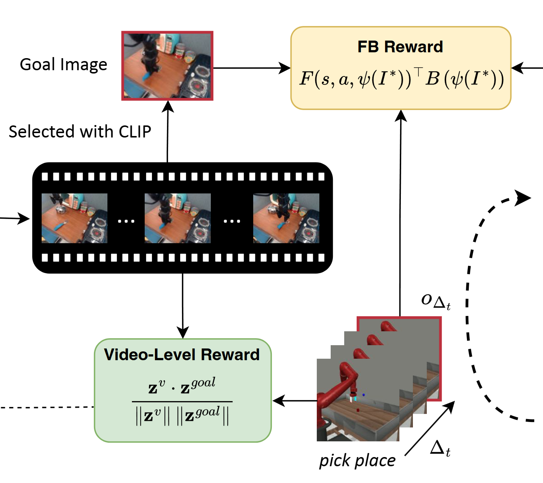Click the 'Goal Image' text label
tap(64, 65)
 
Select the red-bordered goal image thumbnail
tap(167, 66)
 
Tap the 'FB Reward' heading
tap(400, 47)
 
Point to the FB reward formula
tap(401, 79)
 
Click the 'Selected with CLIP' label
tap(80, 132)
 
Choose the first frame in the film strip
tap(75, 218)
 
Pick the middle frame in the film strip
tap(178, 218)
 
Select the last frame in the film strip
tap(286, 218)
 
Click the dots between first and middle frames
tap(126, 221)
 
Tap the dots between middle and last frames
tap(232, 221)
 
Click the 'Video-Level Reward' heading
tap(182, 355)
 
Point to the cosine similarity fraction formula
tap(182, 401)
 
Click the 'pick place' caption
tap(357, 461)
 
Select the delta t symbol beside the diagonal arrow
tap(440, 448)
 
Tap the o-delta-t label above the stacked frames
tap(436, 301)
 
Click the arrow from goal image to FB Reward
tap(252, 68)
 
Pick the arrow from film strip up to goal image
tap(168, 132)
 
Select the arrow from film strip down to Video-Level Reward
tap(182, 306)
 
